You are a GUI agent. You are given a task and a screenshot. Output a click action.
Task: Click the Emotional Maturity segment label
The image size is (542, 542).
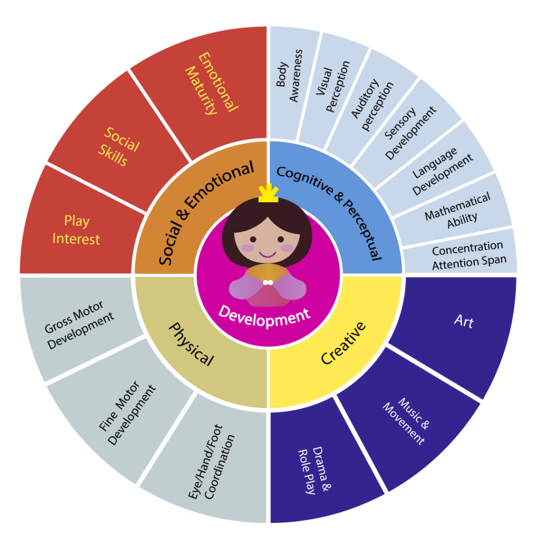(212, 83)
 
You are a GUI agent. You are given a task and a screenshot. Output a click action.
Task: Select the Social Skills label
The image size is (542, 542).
(119, 147)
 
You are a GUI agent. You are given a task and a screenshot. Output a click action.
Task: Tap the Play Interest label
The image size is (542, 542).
(76, 230)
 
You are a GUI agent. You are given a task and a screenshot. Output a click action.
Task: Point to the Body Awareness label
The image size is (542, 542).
(289, 76)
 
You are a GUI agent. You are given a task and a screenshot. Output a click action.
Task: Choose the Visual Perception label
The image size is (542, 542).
(332, 86)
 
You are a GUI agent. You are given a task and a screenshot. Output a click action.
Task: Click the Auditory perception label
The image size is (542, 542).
(372, 105)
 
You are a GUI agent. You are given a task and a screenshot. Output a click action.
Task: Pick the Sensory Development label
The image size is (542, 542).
(410, 133)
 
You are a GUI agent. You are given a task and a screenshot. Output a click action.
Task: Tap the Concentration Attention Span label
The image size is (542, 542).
(469, 256)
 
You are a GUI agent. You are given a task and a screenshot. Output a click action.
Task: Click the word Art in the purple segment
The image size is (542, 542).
(464, 321)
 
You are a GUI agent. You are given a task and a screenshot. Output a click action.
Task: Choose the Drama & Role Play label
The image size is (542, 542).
(314, 470)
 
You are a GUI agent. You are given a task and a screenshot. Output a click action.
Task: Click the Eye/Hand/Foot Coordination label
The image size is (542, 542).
(211, 462)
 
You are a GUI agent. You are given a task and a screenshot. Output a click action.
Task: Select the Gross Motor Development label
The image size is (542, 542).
(79, 325)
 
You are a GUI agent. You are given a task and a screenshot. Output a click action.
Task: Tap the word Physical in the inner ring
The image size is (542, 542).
(191, 344)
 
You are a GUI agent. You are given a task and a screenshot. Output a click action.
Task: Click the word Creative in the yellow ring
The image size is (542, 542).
(343, 343)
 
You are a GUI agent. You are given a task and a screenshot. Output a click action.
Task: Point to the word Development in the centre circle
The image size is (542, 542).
(265, 316)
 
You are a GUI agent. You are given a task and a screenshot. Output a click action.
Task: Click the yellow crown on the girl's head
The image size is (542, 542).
(268, 193)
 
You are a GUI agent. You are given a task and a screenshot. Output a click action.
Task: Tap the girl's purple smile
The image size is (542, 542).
(267, 255)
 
